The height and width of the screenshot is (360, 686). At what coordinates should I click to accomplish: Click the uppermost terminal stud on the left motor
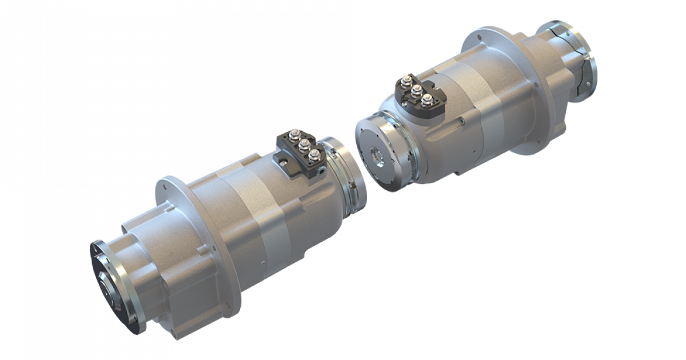[x=292, y=137]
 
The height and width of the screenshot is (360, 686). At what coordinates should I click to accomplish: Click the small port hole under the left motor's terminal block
[x=324, y=170]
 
